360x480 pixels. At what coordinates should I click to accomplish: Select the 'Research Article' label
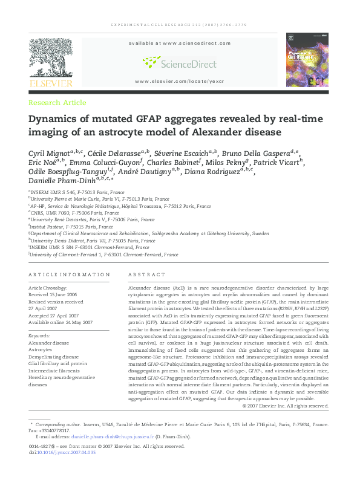57,103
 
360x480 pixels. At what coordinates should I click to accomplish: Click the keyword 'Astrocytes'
41,350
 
